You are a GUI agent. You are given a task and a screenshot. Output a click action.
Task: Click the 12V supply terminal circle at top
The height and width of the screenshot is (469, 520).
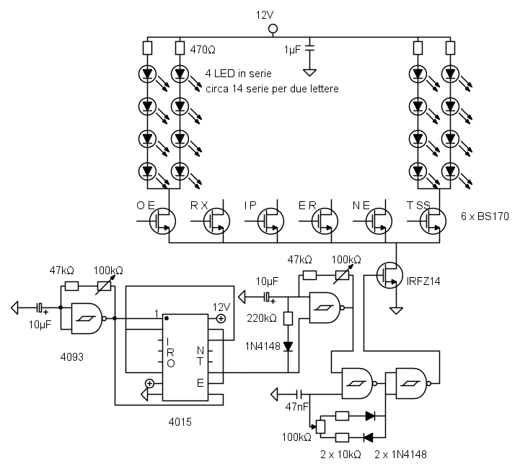(x=272, y=30)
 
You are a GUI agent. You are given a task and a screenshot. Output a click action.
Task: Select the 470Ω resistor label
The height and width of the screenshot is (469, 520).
(x=203, y=51)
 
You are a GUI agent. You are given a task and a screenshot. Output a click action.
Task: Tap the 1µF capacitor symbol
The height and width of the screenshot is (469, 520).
(x=309, y=49)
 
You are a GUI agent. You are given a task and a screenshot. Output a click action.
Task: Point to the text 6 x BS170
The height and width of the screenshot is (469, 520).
(x=485, y=216)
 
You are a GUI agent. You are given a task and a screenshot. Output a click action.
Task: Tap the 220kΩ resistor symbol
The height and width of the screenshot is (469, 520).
(x=288, y=317)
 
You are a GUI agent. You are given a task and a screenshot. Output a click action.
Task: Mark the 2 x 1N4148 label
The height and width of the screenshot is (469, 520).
(x=400, y=454)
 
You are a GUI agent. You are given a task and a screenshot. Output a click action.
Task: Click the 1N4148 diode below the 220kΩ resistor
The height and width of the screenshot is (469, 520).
(x=288, y=346)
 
